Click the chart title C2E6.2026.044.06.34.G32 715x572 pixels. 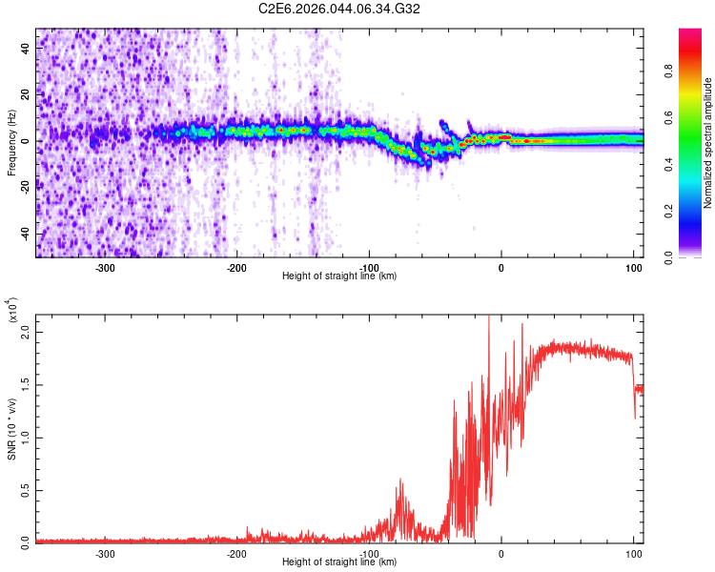pyautogui.click(x=339, y=9)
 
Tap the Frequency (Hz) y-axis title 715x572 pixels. pyautogui.click(x=11, y=143)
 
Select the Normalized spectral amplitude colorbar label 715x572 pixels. pyautogui.click(x=707, y=143)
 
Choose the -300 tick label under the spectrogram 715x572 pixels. pyautogui.click(x=105, y=267)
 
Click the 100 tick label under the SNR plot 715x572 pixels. pyautogui.click(x=633, y=552)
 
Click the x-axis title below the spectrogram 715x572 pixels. pyautogui.click(x=339, y=276)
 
